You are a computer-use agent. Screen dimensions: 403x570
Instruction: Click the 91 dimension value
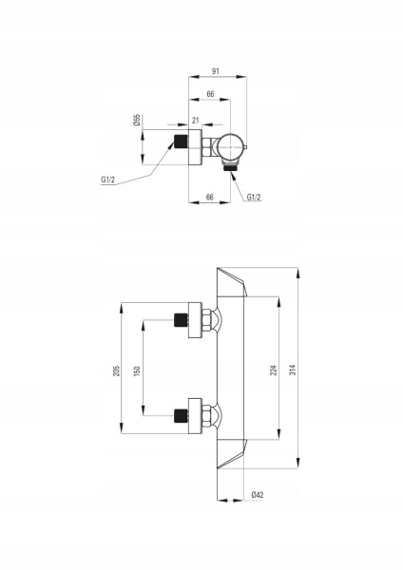tap(216, 71)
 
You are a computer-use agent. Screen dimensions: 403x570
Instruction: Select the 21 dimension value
tap(196, 121)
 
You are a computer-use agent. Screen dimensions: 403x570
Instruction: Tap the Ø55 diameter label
tap(137, 120)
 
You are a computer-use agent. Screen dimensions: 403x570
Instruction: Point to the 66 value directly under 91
tap(210, 94)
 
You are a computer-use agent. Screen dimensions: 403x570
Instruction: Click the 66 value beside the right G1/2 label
tap(210, 197)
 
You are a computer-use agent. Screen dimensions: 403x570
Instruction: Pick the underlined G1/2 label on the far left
tap(108, 180)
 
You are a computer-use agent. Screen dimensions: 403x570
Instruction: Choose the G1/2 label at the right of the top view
tap(254, 197)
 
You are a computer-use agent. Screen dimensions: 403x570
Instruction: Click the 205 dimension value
tap(116, 370)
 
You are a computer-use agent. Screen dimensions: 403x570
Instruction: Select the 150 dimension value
tap(137, 370)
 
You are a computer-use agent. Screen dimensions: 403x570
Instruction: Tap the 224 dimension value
tap(274, 370)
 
